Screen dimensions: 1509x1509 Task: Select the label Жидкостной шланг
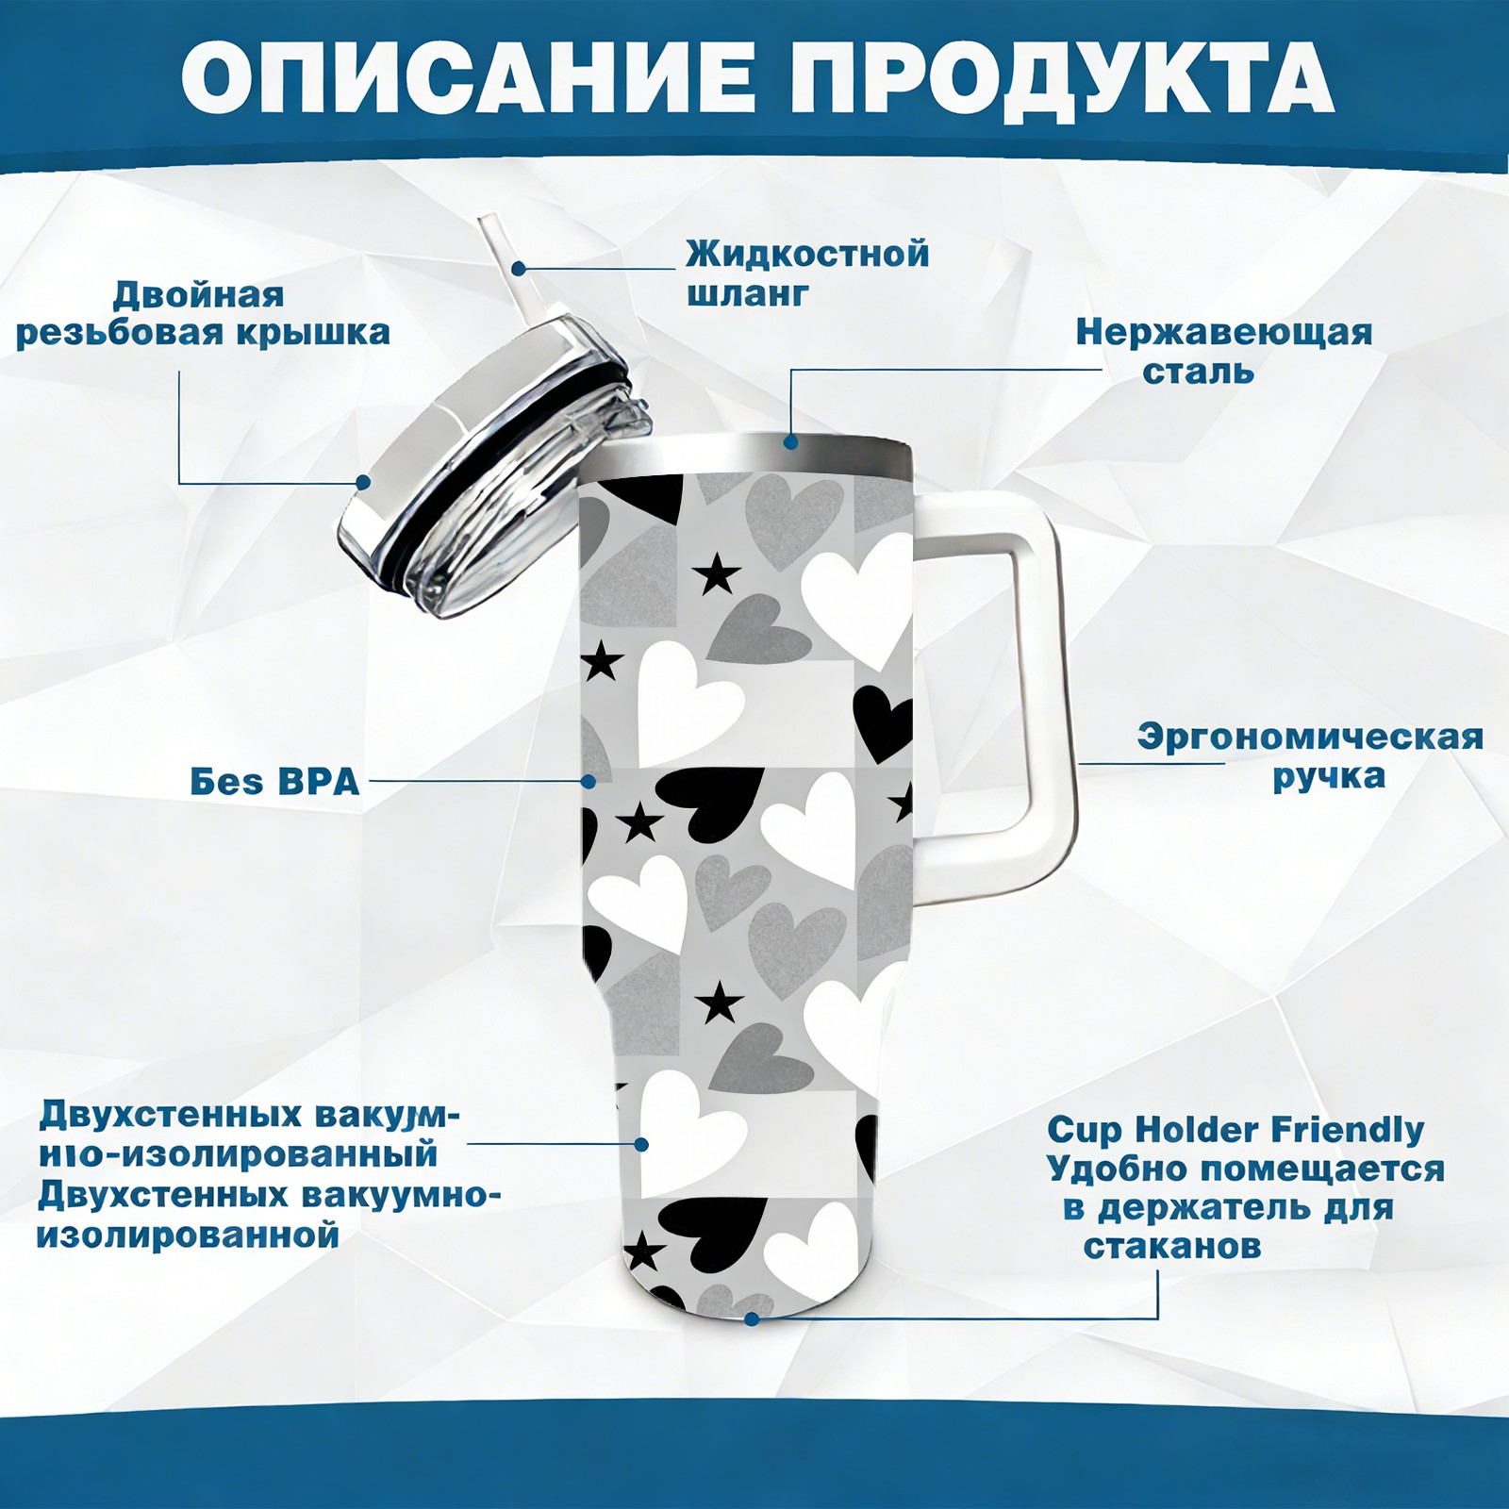pos(807,274)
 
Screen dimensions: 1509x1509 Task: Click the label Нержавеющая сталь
pos(1223,351)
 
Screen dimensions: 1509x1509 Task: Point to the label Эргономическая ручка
pos(1310,756)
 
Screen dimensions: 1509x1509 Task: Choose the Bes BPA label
pos(274,782)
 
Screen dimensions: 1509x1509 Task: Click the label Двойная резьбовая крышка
pos(203,313)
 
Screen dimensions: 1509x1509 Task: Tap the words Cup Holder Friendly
pos(1235,1129)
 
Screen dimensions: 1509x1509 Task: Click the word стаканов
pos(1171,1246)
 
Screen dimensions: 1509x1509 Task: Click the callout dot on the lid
pos(362,482)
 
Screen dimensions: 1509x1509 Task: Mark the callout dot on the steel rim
pos(790,441)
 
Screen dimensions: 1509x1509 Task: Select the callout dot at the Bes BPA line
pos(589,781)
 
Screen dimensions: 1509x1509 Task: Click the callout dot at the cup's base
pos(752,1318)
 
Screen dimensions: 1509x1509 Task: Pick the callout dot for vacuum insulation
pos(641,1144)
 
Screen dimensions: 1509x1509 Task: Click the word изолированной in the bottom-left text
pos(187,1235)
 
